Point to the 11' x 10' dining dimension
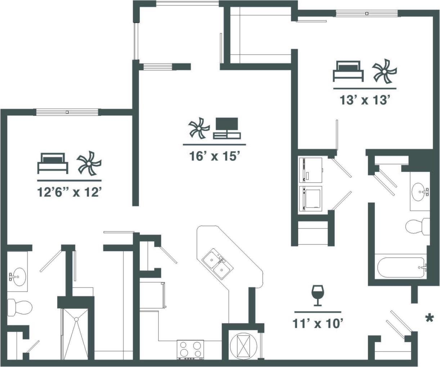pyautogui.click(x=317, y=324)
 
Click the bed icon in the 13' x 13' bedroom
pyautogui.click(x=348, y=71)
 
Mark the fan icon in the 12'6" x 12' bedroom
pyautogui.click(x=89, y=164)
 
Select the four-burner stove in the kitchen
pyautogui.click(x=190, y=349)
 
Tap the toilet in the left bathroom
pyautogui.click(x=19, y=307)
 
